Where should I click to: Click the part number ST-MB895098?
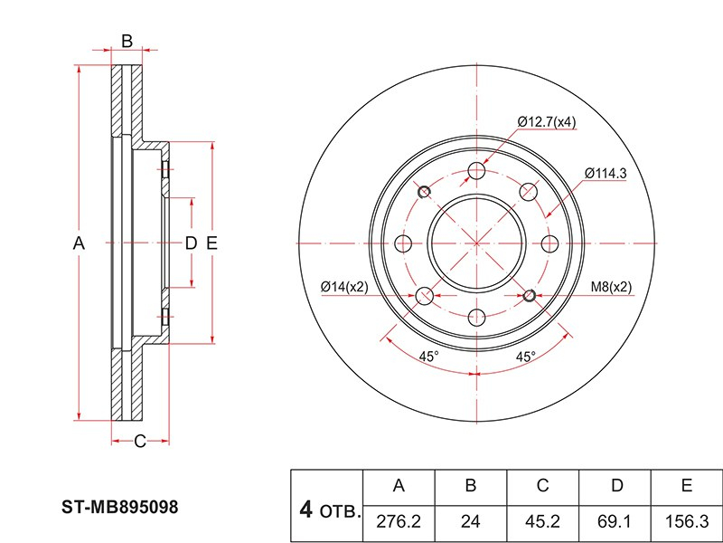[119, 509]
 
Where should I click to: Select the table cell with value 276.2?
[399, 522]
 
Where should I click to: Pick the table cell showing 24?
[471, 522]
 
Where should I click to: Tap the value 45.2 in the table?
[543, 522]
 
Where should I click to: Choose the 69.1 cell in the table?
[616, 522]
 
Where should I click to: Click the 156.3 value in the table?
[687, 522]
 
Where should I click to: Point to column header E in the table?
[687, 486]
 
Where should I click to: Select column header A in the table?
[399, 486]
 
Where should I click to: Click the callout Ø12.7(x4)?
[547, 122]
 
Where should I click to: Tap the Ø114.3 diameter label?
[606, 173]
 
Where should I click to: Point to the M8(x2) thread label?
[612, 287]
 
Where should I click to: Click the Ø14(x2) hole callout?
[344, 287]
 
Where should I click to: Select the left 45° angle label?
[428, 357]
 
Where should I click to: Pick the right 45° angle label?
[525, 357]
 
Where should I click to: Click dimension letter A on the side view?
[78, 243]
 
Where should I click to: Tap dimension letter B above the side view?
[127, 41]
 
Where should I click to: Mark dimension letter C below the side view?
[140, 442]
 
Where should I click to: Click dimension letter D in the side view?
[191, 243]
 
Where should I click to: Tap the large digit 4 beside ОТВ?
[305, 510]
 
